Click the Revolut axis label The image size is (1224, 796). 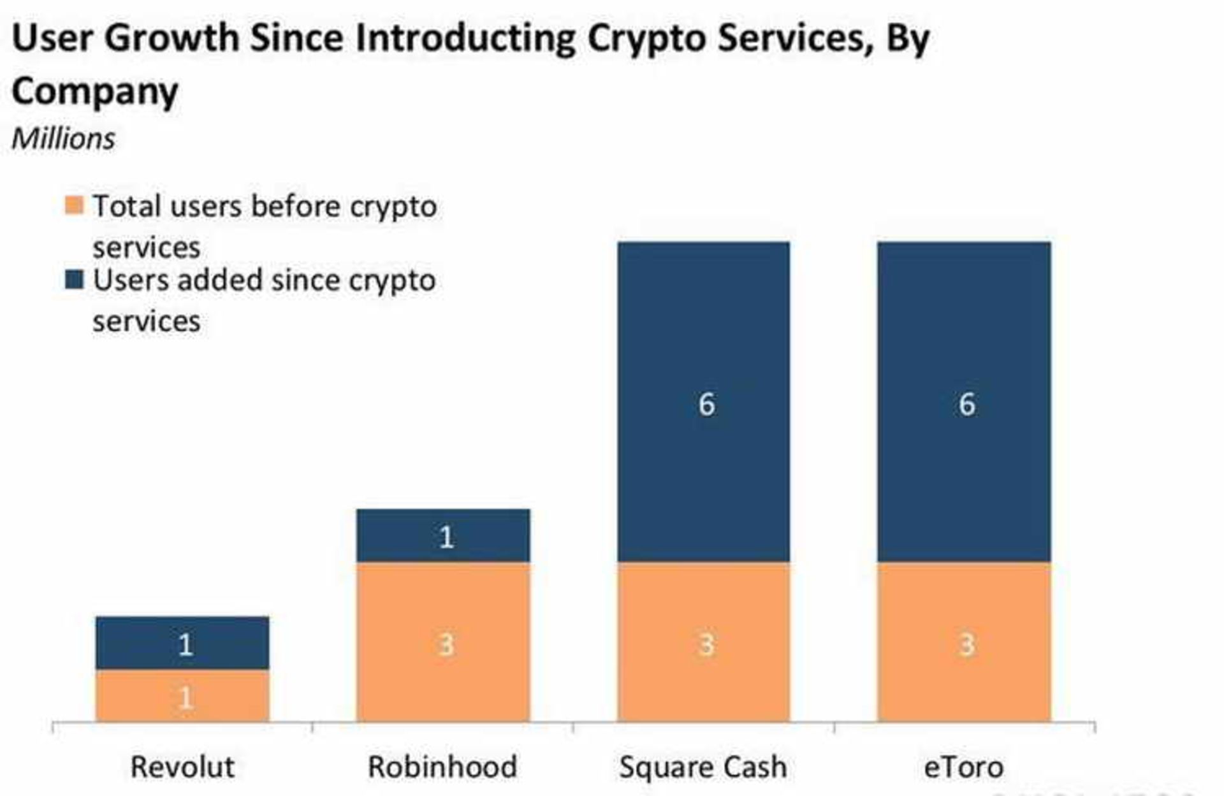coord(182,767)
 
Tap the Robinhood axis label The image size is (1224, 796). coord(442,767)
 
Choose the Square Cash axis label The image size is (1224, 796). coord(703,767)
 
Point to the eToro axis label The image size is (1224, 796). coord(964,767)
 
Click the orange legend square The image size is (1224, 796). coord(74,205)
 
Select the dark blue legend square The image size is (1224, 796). coord(74,279)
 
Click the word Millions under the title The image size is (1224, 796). coord(63,138)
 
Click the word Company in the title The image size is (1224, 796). coord(94,91)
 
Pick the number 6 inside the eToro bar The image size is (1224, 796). coord(966,404)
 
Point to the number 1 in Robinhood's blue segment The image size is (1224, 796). coord(446,537)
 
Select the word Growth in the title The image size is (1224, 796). coord(171,38)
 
